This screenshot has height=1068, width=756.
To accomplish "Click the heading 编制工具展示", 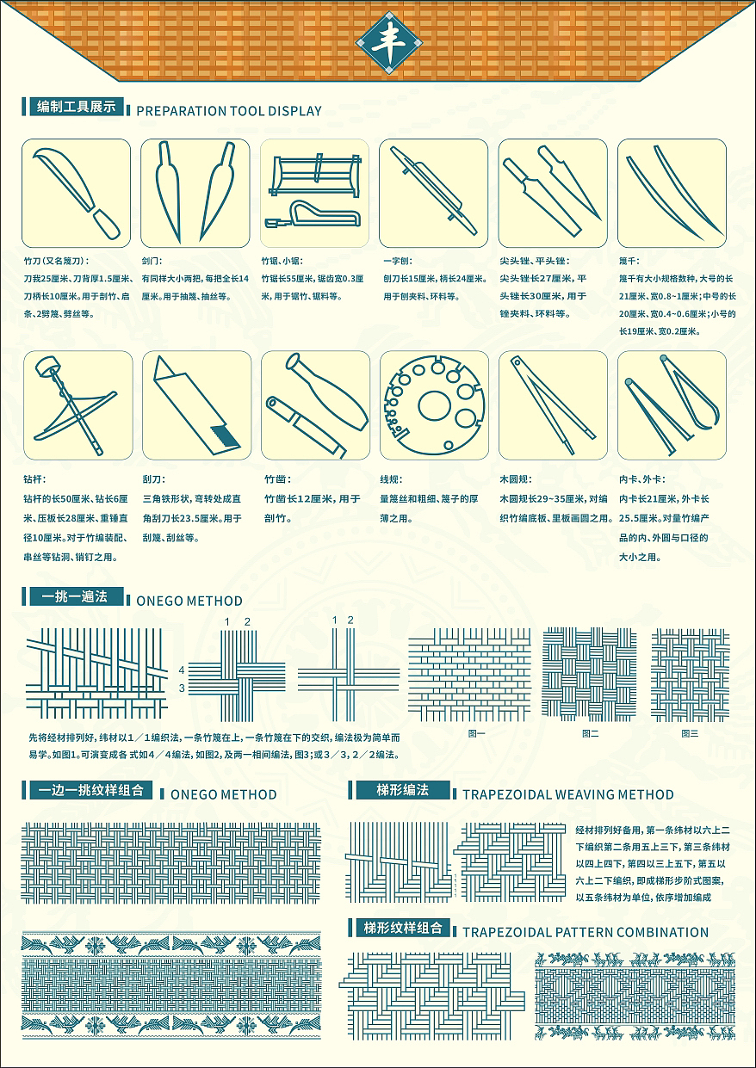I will click(76, 107).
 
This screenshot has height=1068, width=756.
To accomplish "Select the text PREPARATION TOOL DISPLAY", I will click(228, 111).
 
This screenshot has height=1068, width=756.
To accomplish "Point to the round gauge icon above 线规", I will click(434, 405).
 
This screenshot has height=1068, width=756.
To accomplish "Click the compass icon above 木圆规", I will click(552, 405).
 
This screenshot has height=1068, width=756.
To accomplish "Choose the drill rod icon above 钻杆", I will click(76, 405).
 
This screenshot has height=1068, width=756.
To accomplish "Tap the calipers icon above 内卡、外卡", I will click(672, 405).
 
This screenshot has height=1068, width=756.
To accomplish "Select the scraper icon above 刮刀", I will click(195, 405).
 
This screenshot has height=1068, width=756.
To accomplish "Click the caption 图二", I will click(590, 733).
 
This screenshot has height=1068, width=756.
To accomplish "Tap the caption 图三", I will click(690, 733).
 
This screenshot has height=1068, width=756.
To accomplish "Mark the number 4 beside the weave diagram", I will click(182, 670).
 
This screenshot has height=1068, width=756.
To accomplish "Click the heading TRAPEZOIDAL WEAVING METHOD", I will click(567, 794).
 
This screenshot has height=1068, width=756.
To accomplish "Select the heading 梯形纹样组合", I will click(402, 928).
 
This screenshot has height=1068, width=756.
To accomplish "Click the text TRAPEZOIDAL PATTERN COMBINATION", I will click(585, 932).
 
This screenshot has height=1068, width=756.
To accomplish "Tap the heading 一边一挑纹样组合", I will click(90, 790).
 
